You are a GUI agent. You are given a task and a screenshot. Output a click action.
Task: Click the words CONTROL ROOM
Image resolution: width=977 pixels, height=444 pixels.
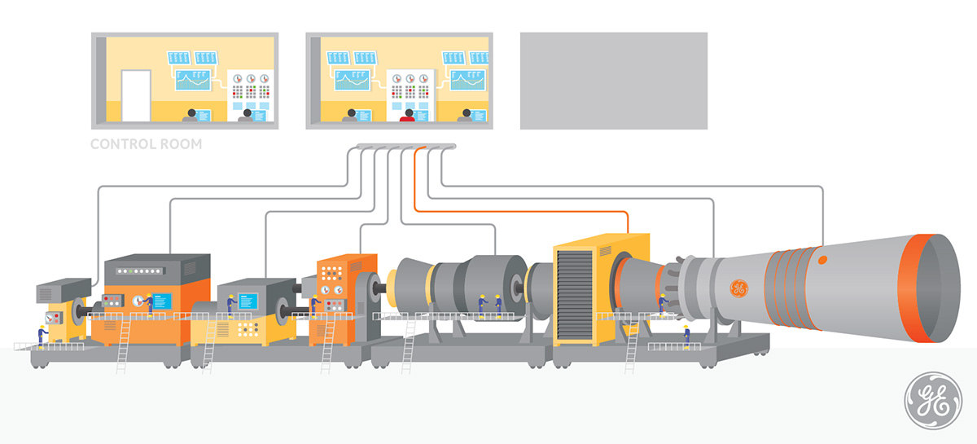[x=146, y=144]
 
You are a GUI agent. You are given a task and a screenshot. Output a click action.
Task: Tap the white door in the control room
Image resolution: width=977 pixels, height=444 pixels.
[x=136, y=95]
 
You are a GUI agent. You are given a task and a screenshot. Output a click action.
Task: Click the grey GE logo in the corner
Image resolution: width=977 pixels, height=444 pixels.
[x=933, y=400]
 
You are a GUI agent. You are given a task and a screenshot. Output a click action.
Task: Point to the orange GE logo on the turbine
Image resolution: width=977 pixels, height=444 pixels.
[x=739, y=288]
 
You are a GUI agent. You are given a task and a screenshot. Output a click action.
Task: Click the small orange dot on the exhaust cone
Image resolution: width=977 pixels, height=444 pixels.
[x=822, y=260]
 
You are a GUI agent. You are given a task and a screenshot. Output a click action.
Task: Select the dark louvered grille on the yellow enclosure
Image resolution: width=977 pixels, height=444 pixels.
[x=575, y=296]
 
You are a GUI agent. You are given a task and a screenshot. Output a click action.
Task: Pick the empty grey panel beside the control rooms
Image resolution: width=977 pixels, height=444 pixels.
[x=614, y=81]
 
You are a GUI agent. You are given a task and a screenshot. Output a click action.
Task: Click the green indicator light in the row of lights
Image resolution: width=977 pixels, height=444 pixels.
[x=130, y=271]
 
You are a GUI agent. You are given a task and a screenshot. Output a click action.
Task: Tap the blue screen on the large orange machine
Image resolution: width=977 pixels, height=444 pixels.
[x=162, y=301]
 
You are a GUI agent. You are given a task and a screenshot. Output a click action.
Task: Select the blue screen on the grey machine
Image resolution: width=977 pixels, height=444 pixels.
[x=248, y=301]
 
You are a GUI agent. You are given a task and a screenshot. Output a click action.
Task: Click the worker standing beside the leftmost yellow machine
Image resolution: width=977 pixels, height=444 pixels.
[x=42, y=336]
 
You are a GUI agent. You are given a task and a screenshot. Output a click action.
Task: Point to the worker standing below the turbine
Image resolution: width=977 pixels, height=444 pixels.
[x=686, y=337]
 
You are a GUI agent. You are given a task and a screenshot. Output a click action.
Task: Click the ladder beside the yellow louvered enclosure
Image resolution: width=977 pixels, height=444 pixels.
[x=631, y=346]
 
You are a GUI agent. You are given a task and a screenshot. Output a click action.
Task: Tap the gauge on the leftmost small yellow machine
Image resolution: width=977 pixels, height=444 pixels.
[x=50, y=319]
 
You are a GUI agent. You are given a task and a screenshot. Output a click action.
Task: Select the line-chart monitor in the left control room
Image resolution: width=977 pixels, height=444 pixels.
[x=193, y=80]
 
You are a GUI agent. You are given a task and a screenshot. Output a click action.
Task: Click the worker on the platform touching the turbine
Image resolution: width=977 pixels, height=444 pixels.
[x=664, y=305]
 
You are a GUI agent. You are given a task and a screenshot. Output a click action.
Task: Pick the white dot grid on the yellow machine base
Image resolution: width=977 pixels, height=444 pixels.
[x=248, y=330]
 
